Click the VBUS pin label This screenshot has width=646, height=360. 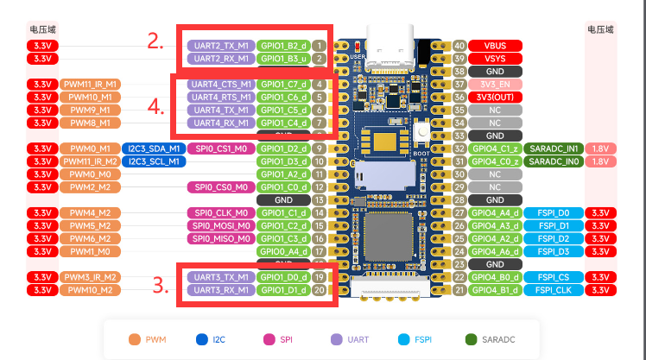click(496, 45)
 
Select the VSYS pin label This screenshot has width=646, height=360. click(496, 58)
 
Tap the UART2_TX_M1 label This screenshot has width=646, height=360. click(220, 45)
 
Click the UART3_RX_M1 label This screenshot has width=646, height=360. click(220, 290)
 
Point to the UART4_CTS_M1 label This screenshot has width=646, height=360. click(220, 85)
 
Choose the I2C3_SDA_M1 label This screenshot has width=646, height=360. click(153, 148)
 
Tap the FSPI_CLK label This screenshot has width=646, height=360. click(553, 290)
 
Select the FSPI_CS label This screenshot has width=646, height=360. click(553, 277)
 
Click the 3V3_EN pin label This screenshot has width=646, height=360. click(496, 85)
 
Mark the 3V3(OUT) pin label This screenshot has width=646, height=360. click(496, 98)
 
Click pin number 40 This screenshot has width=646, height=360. click(459, 45)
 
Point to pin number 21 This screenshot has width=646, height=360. click(459, 290)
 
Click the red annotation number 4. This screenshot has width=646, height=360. click(155, 107)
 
